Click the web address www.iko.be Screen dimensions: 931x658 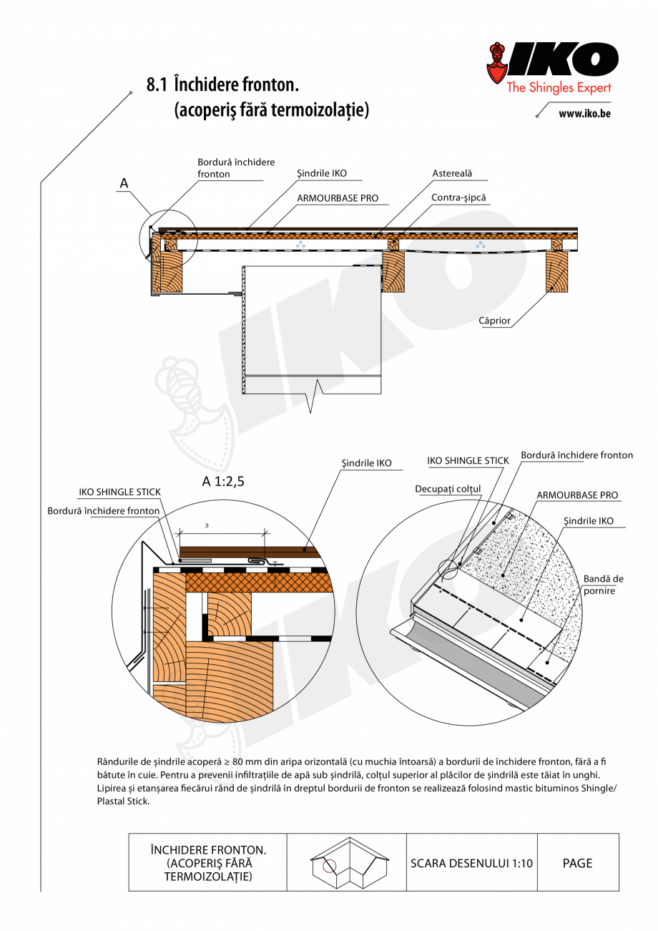coord(584,113)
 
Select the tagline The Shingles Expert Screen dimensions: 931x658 coord(559,88)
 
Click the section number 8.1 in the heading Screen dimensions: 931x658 coord(156,85)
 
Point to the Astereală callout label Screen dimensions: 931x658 coord(452,174)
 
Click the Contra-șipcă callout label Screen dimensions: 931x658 coord(461,197)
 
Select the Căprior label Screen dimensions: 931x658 coord(494,321)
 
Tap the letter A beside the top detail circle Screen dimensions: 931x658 coord(124,184)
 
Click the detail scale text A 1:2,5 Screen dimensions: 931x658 coord(223,481)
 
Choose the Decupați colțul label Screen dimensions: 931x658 coord(448,489)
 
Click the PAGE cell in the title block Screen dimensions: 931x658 coord(577,863)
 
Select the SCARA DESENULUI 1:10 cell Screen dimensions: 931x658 coord(471,863)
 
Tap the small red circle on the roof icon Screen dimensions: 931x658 coord(329,866)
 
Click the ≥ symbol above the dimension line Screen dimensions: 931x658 coord(207,525)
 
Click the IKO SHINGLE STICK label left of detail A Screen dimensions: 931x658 coord(119,492)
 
